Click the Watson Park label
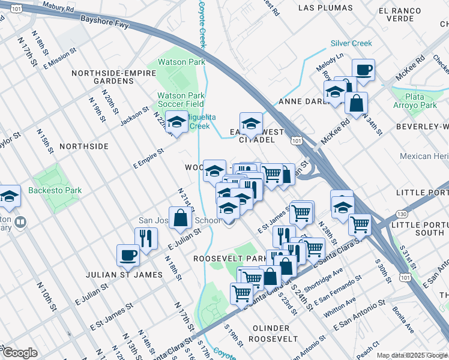181,61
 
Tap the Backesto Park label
55,191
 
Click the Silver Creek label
351,43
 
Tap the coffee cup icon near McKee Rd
363,70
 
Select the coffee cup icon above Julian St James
128,255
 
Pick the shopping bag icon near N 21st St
180,218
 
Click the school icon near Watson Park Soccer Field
176,122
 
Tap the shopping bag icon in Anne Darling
356,103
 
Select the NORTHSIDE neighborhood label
83,146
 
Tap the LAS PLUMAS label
324,8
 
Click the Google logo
19,353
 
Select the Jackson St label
134,113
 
